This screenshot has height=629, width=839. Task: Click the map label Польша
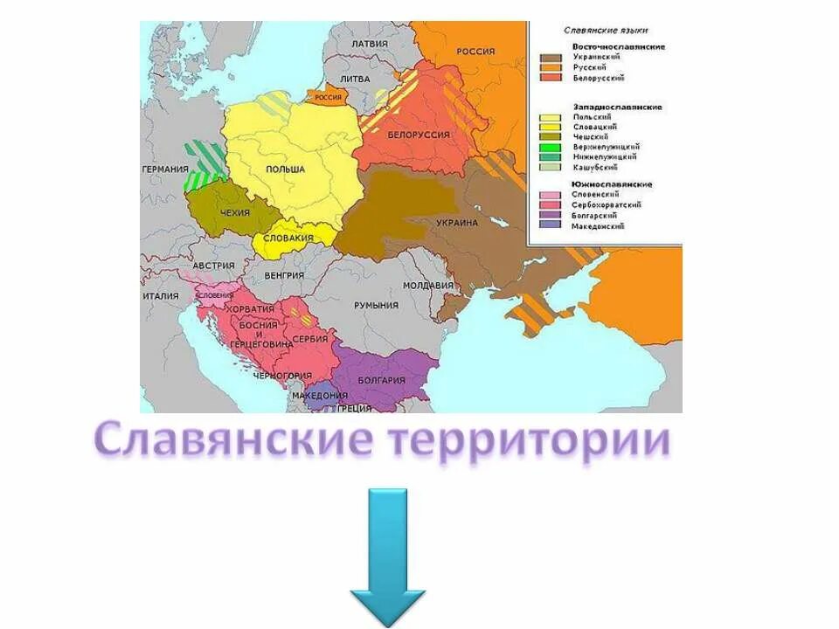[285, 169]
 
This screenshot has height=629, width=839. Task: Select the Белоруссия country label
[418, 135]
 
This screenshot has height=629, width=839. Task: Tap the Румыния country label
[376, 305]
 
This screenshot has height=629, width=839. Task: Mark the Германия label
[164, 169]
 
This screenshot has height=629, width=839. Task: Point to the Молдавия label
[428, 286]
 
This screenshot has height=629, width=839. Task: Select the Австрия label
[213, 266]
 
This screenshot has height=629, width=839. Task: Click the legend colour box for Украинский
[551, 57]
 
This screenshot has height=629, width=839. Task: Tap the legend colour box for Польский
[551, 117]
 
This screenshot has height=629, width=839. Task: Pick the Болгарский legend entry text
[594, 215]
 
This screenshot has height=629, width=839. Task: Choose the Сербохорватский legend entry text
[607, 204]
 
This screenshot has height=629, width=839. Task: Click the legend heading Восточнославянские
[619, 45]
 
